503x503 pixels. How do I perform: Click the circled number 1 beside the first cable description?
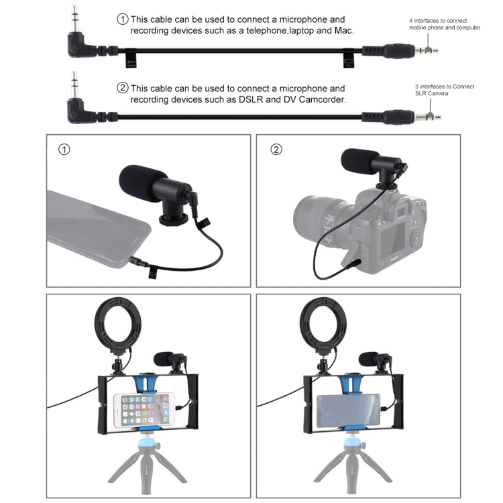pos(123,19)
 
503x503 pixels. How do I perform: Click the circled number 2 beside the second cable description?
pos(123,88)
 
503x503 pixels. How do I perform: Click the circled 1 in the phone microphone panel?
pos(64,150)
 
